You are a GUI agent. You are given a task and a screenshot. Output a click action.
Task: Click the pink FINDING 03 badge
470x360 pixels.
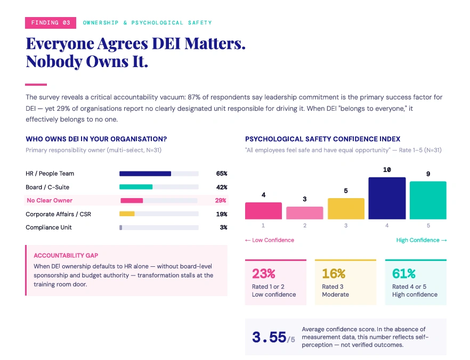[50, 23]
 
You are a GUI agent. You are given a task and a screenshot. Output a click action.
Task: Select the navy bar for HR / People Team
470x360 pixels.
[145, 174]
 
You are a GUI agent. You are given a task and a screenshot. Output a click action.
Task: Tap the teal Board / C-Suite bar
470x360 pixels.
[136, 187]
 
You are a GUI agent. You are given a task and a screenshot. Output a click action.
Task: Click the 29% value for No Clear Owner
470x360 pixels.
[220, 200]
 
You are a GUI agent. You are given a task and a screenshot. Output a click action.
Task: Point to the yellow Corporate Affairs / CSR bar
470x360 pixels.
[127, 214]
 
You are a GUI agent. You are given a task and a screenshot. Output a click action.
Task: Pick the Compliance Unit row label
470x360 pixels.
[48, 227]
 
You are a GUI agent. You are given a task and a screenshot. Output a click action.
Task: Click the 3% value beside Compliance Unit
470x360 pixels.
[223, 227]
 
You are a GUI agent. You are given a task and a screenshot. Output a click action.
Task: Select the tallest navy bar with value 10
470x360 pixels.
[387, 198]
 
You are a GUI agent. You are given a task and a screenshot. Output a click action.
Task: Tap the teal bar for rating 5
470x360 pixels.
[428, 200]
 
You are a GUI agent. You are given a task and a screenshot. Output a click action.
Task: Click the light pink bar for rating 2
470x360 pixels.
[305, 213]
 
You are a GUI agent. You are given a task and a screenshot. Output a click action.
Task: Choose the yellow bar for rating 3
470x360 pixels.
[346, 209]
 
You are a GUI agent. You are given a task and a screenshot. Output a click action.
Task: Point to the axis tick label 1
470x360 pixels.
[263, 225]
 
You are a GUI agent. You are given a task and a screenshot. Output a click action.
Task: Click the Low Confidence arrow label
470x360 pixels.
[270, 240]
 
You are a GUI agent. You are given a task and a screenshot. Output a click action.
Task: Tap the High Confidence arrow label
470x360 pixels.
[422, 240]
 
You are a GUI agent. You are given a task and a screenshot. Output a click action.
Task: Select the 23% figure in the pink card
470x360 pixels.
[263, 273]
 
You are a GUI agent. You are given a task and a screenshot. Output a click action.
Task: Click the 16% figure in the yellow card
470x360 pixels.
[334, 273]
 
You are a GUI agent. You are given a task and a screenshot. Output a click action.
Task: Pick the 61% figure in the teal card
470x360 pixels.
[404, 273]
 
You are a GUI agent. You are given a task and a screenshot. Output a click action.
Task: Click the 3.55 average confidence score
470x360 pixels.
[269, 337]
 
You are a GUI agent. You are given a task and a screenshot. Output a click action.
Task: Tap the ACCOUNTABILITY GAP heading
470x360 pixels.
[66, 256]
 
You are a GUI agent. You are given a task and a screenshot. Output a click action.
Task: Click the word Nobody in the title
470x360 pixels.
[54, 61]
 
